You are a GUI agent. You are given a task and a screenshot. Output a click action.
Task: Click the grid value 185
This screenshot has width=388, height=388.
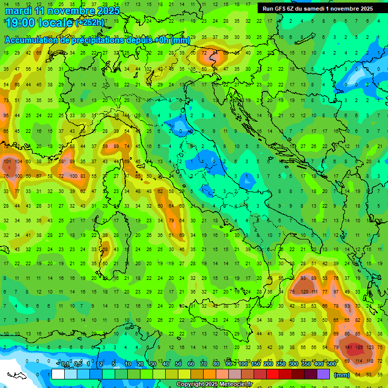click(360, 348)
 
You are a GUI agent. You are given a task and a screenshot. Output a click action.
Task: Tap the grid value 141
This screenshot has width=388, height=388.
click(349, 348)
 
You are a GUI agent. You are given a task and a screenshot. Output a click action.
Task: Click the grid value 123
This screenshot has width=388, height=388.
click(370, 348)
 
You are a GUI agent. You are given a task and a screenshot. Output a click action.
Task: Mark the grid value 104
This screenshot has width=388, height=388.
click(19, 162)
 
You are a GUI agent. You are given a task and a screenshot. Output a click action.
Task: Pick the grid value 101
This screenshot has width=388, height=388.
click(7, 162)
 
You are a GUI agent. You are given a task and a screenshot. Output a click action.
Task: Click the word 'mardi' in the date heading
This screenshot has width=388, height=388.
click(19, 11)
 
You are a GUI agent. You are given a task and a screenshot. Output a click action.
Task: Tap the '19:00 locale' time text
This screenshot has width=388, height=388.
click(38, 23)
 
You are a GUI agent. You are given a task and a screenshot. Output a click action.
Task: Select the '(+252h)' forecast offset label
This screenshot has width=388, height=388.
click(90, 23)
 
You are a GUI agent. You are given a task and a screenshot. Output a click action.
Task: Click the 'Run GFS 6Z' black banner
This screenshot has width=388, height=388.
click(317, 9)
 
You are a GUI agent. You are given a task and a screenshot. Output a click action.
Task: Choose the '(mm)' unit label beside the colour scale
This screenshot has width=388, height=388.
click(342, 375)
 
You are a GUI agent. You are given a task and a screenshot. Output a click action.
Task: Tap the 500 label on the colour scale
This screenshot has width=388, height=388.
click(331, 364)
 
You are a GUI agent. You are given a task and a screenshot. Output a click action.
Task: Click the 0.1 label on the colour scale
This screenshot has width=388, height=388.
click(66, 364)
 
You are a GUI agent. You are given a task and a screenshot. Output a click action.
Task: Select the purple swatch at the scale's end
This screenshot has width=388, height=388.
click(323, 374)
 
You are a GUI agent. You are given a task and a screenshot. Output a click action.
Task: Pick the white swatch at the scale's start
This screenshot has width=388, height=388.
click(58, 374)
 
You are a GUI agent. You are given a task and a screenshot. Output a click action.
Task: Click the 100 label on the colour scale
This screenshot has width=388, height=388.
click(243, 364)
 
